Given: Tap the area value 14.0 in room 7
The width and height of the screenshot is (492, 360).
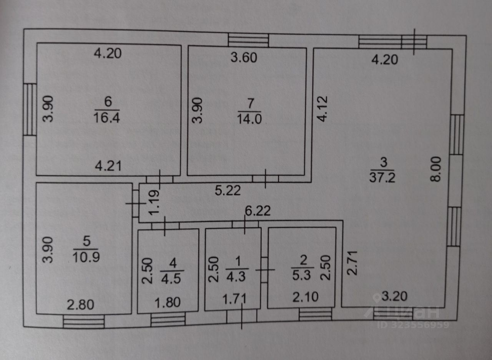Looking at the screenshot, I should click(x=249, y=118).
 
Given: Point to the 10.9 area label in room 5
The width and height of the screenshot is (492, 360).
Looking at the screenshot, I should click(x=86, y=257).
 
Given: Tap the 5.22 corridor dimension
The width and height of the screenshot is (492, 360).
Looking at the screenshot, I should click(x=228, y=190).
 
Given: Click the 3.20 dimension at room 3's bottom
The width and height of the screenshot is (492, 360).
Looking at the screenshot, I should click(x=391, y=297).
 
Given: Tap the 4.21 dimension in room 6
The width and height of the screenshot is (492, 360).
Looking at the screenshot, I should click(x=108, y=167).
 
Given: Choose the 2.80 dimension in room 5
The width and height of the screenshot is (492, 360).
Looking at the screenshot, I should click(x=80, y=305).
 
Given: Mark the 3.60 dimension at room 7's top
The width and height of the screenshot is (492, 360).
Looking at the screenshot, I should click(x=243, y=58).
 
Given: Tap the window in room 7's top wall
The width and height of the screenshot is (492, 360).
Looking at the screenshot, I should click(x=248, y=40).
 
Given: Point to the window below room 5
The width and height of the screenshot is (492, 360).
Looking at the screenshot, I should click(x=84, y=321).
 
